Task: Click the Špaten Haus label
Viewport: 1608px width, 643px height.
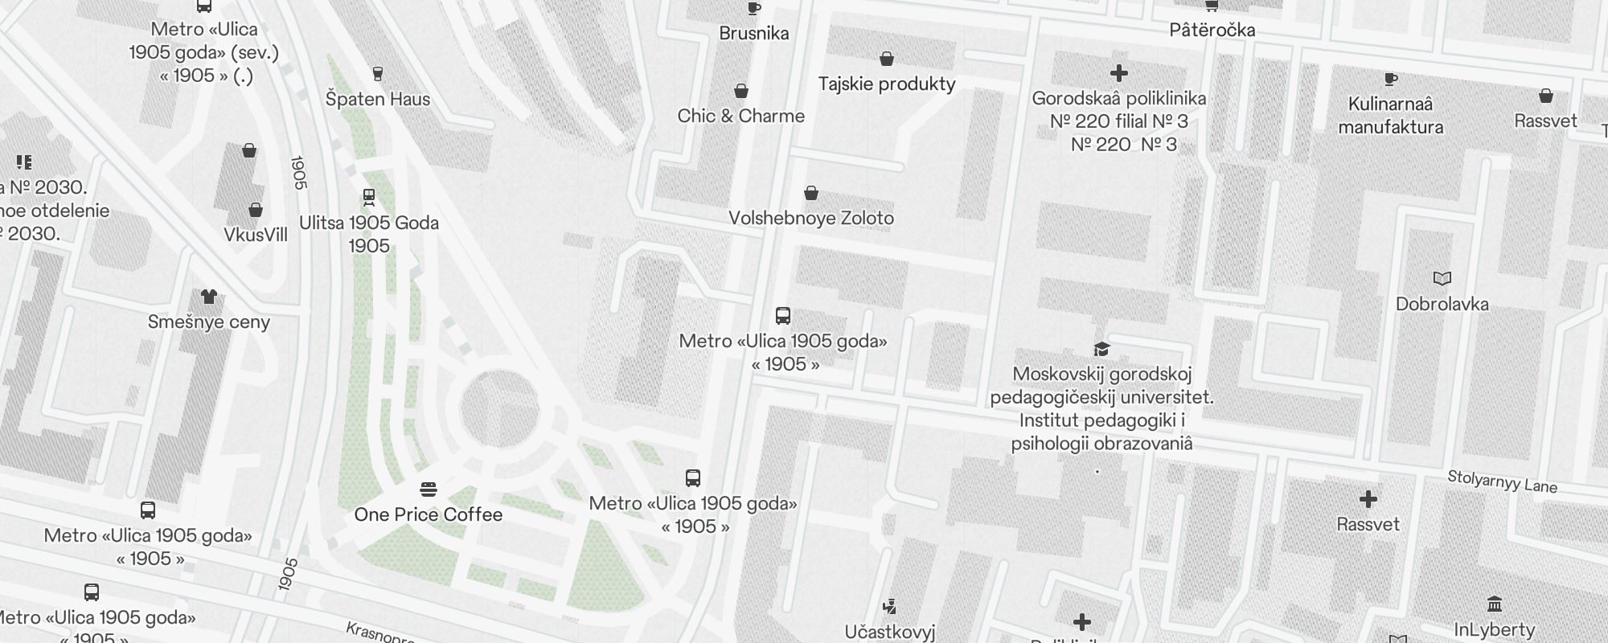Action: click(x=378, y=99)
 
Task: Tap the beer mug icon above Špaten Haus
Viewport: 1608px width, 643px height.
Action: click(x=378, y=74)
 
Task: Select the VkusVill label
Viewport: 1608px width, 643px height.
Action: click(x=256, y=235)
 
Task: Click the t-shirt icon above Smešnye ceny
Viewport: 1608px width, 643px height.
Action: click(x=209, y=297)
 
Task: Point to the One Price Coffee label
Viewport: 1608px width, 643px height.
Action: click(x=429, y=514)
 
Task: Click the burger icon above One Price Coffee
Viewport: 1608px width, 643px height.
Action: click(x=429, y=489)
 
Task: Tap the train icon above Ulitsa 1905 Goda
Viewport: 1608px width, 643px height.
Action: click(x=369, y=197)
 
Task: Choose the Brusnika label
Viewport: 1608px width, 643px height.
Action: click(x=754, y=33)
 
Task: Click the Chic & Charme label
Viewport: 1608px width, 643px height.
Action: click(x=741, y=116)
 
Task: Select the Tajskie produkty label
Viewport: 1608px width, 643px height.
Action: click(x=887, y=84)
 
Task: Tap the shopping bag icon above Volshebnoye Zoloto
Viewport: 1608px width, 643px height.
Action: click(x=811, y=193)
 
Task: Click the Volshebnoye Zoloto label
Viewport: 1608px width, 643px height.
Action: click(x=811, y=218)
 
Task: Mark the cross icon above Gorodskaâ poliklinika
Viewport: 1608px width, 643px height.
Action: click(x=1118, y=73)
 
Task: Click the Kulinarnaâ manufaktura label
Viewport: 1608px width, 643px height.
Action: click(x=1391, y=115)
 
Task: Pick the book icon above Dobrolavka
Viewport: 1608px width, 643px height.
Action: click(x=1442, y=279)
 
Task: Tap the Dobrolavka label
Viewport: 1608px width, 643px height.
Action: click(x=1442, y=304)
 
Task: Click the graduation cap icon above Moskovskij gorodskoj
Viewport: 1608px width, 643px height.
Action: click(x=1101, y=349)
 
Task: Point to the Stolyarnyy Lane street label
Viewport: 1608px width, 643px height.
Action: click(x=1502, y=481)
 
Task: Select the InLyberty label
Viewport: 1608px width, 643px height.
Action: click(x=1495, y=629)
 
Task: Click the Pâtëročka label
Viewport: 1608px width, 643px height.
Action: click(x=1212, y=30)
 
